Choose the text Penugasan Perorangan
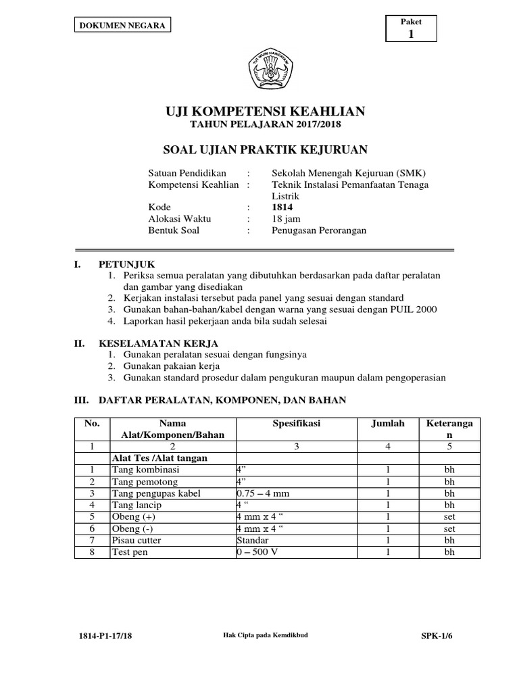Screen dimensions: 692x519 click(310, 230)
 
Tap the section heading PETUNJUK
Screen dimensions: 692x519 click(126, 264)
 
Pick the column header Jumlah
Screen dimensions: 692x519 click(388, 424)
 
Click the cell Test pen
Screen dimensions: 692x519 click(130, 552)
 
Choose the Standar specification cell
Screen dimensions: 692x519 click(253, 541)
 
